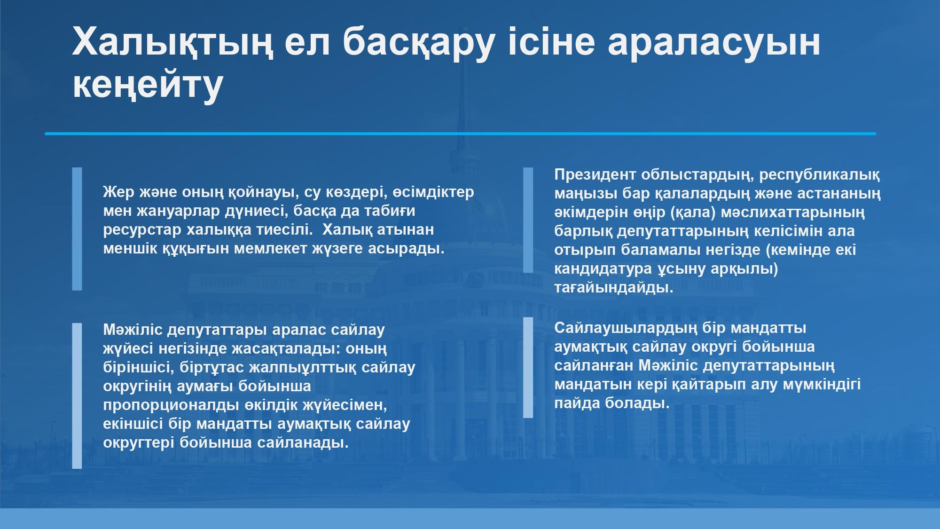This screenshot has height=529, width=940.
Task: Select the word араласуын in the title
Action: [714, 42]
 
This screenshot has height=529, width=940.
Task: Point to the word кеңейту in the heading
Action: [147, 86]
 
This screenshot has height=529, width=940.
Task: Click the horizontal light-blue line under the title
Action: [461, 134]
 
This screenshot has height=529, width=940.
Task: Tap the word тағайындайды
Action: [614, 288]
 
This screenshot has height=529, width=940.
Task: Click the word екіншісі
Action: [133, 424]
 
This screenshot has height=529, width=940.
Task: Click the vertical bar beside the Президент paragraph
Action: [528, 220]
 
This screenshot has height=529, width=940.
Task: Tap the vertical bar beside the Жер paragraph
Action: [77, 229]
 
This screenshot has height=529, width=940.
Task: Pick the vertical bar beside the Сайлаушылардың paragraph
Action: [528, 367]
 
